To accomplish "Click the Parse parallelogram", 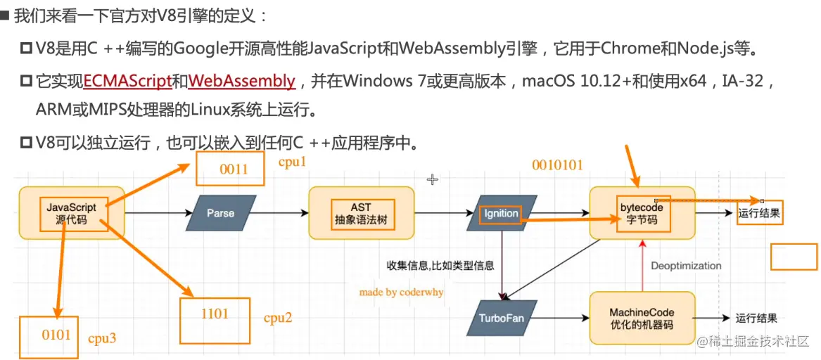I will click(221, 213).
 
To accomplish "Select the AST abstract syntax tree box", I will click(360, 213).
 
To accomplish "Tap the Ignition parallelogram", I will click(502, 213).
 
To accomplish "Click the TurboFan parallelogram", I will click(502, 318).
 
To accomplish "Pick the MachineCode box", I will click(641, 318).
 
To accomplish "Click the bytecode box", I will click(641, 213).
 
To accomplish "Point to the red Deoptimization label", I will click(686, 266).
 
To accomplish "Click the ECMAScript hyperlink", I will click(128, 81).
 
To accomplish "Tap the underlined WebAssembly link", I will click(242, 81).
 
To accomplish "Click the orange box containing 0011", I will click(230, 169).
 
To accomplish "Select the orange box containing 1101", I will click(215, 321).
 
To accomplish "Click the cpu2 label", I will click(278, 318).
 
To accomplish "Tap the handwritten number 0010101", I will click(557, 165).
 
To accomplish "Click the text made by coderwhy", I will click(401, 292).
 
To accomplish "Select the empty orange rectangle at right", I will click(794, 257).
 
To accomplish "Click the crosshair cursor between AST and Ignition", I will click(433, 180).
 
